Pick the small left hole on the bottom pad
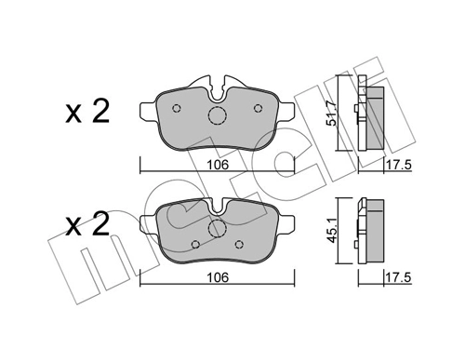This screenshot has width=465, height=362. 193,245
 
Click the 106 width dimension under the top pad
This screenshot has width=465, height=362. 218,165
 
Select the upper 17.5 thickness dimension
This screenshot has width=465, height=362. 399,165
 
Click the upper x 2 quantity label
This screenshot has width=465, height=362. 87,114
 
